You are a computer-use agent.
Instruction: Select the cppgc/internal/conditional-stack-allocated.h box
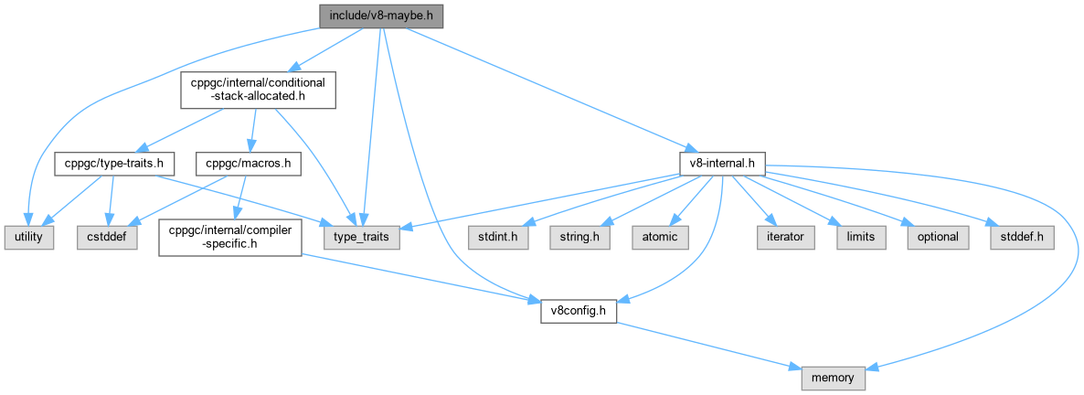tap(257, 91)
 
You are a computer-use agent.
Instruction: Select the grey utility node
tap(29, 237)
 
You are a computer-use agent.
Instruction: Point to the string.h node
tap(579, 237)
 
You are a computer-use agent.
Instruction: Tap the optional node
tap(936, 237)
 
